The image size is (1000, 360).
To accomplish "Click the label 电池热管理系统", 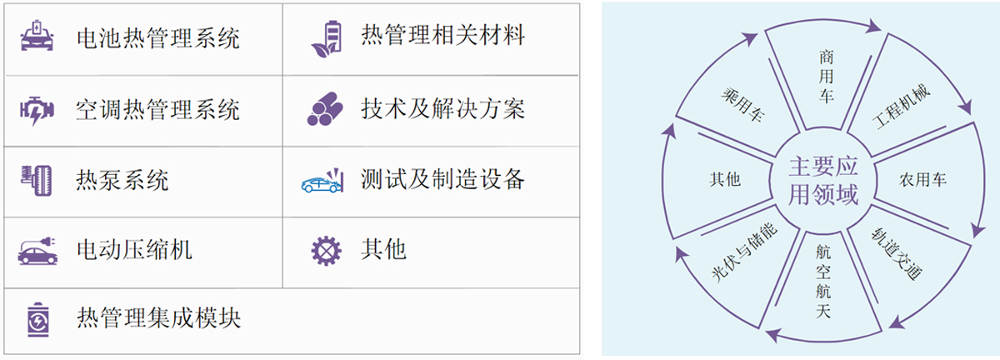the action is tap(158, 38).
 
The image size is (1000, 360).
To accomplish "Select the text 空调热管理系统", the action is tap(158, 110).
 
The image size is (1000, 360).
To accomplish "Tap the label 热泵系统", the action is tap(122, 181).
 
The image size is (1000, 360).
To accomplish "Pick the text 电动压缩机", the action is tap(134, 249).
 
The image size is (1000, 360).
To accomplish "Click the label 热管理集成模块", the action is tap(158, 318).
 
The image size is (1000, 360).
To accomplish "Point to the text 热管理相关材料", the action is tap(442, 35).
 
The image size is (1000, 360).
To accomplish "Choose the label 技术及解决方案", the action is tap(442, 109).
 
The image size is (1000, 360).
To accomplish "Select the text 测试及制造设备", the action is tap(442, 179).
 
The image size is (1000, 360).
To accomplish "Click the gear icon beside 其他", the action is tap(327, 251).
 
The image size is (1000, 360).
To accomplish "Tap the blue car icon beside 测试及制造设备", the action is tap(322, 181).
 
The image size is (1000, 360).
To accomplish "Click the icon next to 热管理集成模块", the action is tap(38, 320).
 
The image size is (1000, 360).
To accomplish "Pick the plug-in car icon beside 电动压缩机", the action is tap(37, 252).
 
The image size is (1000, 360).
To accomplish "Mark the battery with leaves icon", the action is tap(327, 39).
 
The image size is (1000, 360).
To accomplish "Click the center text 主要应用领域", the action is tap(823, 181).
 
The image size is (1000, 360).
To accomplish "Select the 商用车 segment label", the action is tap(826, 77).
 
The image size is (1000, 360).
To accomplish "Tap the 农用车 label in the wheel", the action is tap(922, 179).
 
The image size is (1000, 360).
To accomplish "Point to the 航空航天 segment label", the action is tap(823, 282).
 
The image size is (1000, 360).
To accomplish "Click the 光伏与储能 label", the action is tap(745, 252).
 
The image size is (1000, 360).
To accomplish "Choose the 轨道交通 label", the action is tap(897, 253).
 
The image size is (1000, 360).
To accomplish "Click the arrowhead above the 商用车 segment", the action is tap(873, 27).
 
